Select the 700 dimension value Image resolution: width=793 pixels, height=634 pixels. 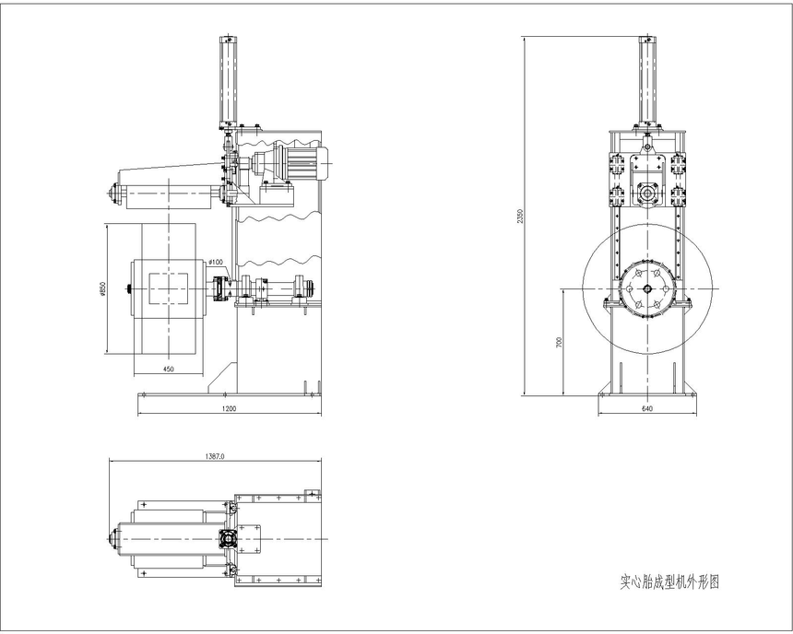(x=559, y=342)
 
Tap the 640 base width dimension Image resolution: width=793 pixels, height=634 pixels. (x=646, y=408)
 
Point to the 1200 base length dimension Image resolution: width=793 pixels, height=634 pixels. (x=229, y=408)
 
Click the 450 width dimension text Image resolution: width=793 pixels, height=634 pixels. (x=169, y=370)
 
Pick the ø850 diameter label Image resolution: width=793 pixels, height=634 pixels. (x=102, y=289)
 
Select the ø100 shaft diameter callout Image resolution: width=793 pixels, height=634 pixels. (x=216, y=262)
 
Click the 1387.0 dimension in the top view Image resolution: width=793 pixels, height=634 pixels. (x=215, y=456)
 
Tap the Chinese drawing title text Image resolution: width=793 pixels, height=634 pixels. (x=669, y=581)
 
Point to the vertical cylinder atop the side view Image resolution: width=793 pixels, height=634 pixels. (x=228, y=82)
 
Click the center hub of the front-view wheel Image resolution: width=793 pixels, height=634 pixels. (x=646, y=288)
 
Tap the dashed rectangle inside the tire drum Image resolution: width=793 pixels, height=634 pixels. (x=169, y=288)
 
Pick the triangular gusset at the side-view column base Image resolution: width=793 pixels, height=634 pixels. (x=222, y=377)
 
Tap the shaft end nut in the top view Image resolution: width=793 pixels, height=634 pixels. (x=112, y=539)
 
